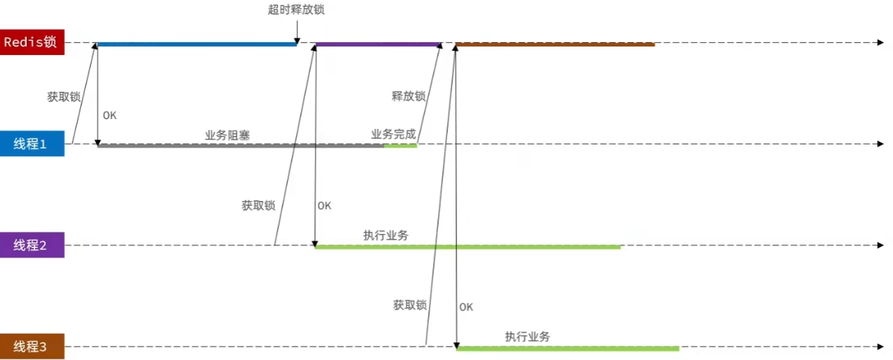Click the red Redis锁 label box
click(x=32, y=42)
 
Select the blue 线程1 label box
click(x=32, y=144)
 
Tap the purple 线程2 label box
click(x=32, y=245)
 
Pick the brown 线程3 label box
click(x=32, y=347)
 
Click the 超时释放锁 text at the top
click(x=296, y=10)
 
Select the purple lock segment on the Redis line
click(x=377, y=44)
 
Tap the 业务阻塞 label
click(x=227, y=135)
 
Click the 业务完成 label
click(x=394, y=134)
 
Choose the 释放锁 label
click(x=408, y=97)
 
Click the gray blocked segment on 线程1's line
click(x=239, y=146)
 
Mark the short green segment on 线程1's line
click(x=400, y=146)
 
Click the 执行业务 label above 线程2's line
click(x=386, y=235)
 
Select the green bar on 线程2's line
click(x=468, y=247)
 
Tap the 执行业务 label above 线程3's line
click(x=527, y=337)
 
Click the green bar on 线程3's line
click(x=568, y=348)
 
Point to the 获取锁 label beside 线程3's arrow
click(x=410, y=305)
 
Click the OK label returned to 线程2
click(x=324, y=206)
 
